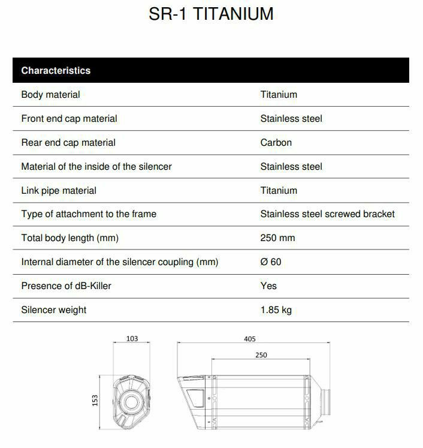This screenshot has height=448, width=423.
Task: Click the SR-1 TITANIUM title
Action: [x=211, y=14]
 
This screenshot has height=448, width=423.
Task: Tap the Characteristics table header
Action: [x=56, y=70]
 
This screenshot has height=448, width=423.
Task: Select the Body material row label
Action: [x=50, y=94]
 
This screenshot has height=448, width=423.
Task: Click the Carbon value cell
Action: [x=276, y=142]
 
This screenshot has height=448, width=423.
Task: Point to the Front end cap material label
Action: [x=69, y=118]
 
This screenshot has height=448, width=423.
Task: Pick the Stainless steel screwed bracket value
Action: [x=327, y=214]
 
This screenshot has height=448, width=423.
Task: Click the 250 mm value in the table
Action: [x=277, y=237]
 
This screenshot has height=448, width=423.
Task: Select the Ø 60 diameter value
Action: [x=271, y=261]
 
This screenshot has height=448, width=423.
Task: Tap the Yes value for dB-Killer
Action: [x=268, y=285]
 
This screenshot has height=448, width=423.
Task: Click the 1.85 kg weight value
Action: [x=276, y=309]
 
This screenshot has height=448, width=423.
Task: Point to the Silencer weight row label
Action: [x=53, y=309]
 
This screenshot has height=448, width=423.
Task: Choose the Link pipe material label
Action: [x=59, y=190]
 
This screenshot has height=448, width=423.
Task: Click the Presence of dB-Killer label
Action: [x=66, y=285]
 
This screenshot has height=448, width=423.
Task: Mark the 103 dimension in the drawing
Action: [x=132, y=339]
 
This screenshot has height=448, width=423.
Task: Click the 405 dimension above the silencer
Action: [x=250, y=339]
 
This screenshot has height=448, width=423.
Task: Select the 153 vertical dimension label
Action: [x=95, y=400]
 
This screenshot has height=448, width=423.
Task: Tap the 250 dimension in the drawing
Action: [x=261, y=355]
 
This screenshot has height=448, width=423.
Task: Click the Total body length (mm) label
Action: [x=70, y=237]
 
